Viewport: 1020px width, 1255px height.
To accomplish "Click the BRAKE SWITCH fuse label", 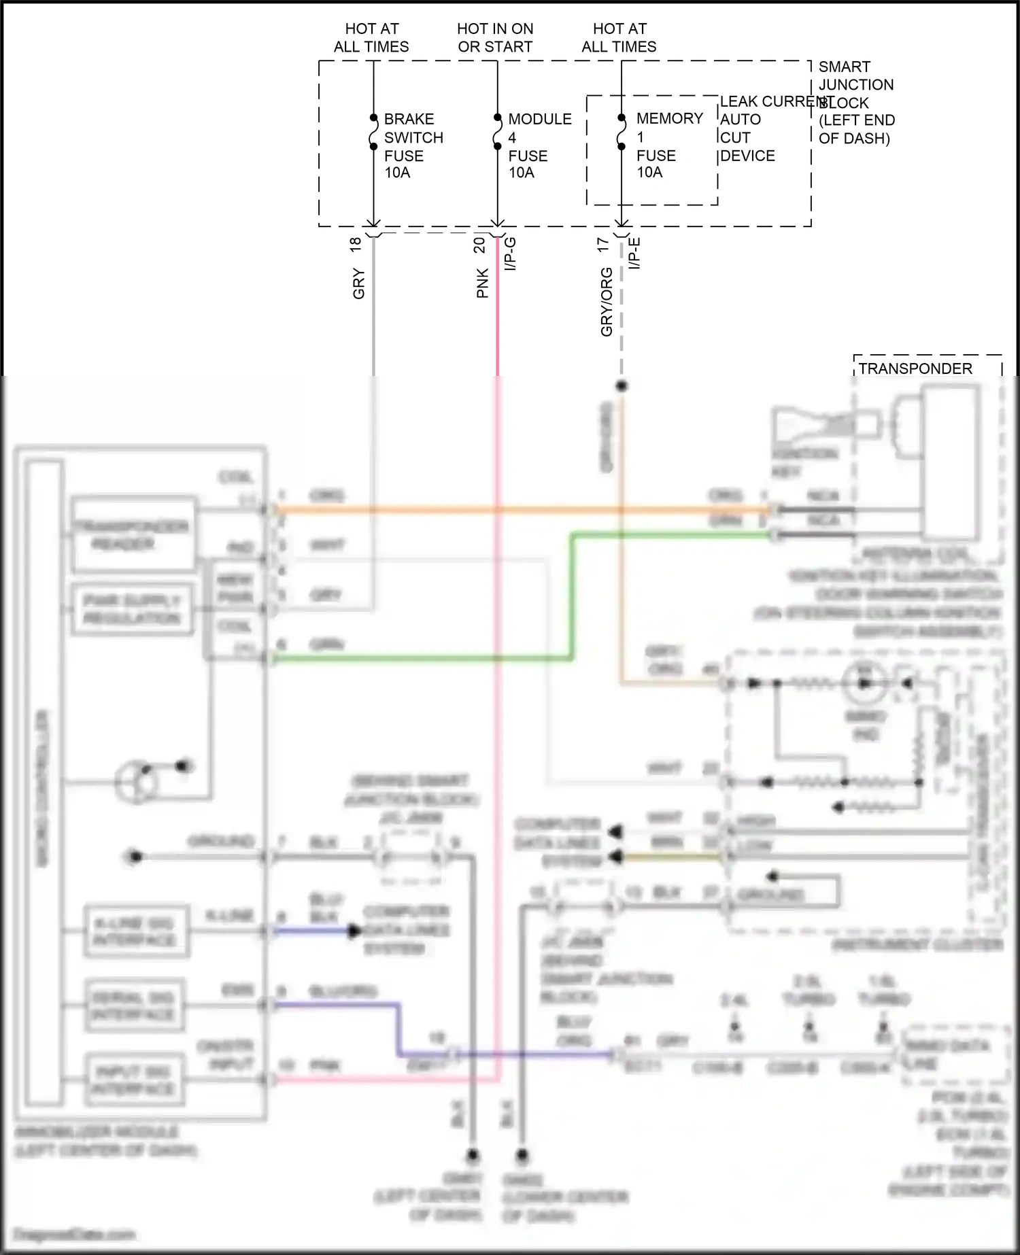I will tap(413, 145).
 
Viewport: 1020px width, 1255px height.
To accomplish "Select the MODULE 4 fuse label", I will tap(539, 145).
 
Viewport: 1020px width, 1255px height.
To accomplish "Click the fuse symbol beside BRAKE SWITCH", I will tap(373, 132).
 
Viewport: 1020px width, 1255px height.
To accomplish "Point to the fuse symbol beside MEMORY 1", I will tap(622, 132).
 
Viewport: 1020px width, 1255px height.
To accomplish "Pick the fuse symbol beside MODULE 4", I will tap(497, 132).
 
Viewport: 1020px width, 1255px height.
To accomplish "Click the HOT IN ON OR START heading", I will tap(495, 37).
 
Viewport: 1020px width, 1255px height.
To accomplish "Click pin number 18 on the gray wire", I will tap(355, 245).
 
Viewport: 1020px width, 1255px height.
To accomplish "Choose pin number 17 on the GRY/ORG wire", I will tap(602, 245).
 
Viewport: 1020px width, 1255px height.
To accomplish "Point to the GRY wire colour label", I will tap(358, 283).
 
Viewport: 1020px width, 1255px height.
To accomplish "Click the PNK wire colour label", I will tap(482, 283).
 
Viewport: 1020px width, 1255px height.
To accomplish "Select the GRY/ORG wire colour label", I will tap(606, 302).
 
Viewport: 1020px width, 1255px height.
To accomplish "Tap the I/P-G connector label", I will tap(511, 254).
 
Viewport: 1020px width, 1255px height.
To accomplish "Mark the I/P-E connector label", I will tap(634, 253).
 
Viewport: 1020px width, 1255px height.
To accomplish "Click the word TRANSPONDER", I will tap(915, 368).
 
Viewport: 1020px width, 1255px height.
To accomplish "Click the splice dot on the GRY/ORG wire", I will tap(622, 386).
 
